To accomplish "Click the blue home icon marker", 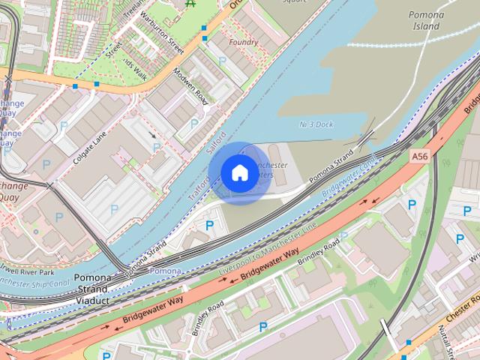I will (238, 173).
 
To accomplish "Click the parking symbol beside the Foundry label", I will (222, 60).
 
